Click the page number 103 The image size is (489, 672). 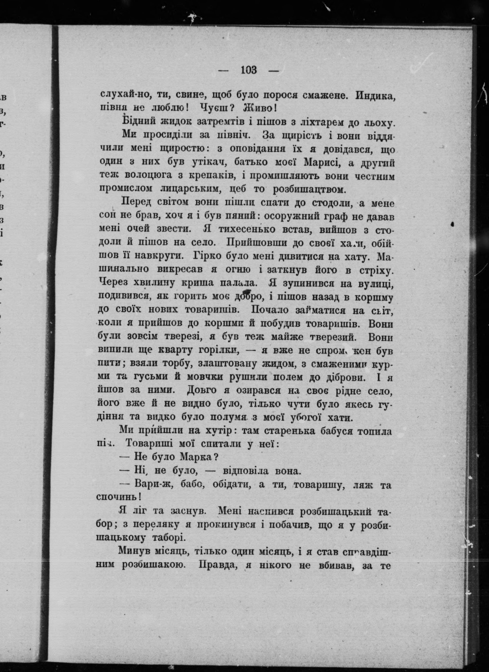(249, 71)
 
